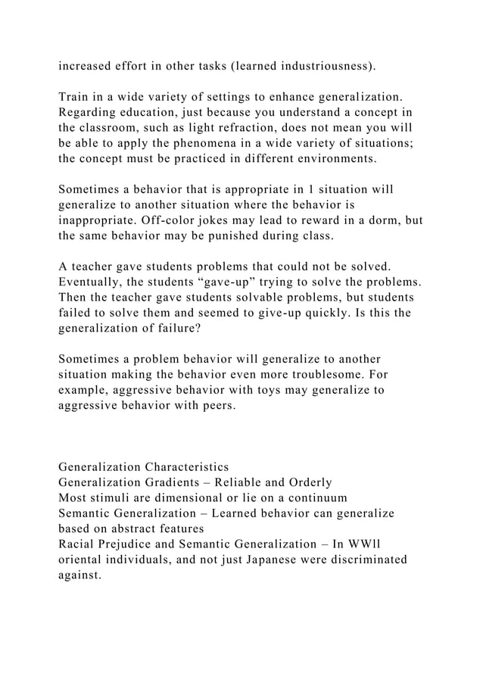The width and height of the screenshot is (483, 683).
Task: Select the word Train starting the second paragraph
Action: point(74,97)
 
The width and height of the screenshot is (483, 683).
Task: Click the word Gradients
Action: point(176,483)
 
